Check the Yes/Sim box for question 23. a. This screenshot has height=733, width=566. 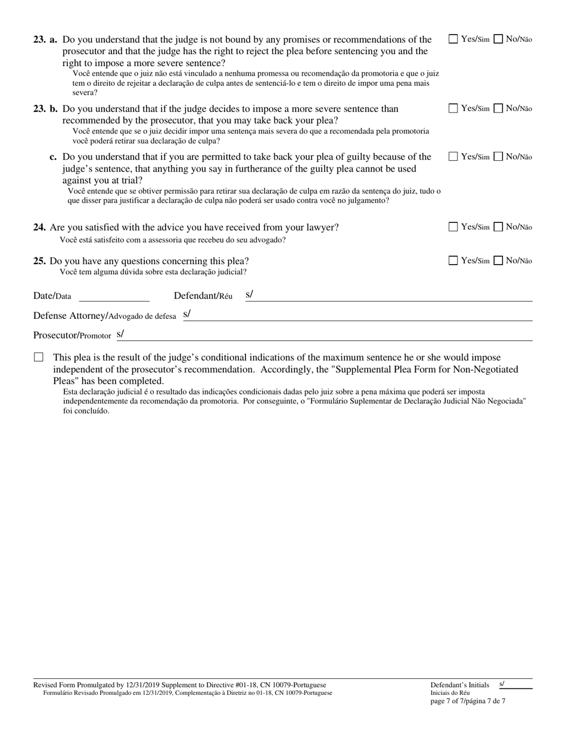(x=453, y=39)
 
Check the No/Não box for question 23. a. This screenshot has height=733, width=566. (x=499, y=39)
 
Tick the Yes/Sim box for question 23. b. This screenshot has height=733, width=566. (x=453, y=108)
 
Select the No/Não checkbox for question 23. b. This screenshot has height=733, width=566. (x=499, y=108)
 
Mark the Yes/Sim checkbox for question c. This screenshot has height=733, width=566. (x=453, y=157)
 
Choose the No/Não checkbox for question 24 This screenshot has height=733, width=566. (x=499, y=227)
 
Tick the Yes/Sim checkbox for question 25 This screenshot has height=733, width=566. (x=453, y=260)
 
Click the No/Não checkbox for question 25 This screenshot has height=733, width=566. (x=499, y=260)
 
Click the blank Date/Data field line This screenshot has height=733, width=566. (x=114, y=297)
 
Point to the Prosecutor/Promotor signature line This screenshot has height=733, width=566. (x=328, y=336)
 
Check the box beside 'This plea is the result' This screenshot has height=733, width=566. (x=39, y=358)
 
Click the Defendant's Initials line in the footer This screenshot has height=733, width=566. (x=516, y=685)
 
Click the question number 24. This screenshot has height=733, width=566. (x=40, y=228)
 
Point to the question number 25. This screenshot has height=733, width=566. (x=40, y=261)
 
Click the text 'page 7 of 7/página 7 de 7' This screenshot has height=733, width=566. (x=468, y=701)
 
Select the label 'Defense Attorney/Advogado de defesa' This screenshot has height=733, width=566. (x=105, y=316)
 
